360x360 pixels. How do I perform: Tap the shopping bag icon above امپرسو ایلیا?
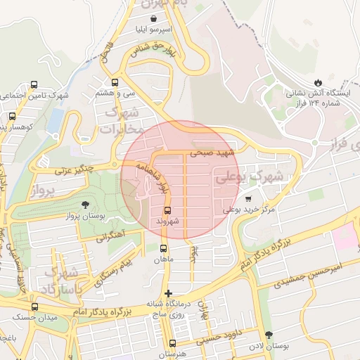click(154, 19)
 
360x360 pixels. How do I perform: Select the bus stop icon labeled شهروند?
click(168, 210)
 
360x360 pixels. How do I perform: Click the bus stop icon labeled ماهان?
click(164, 248)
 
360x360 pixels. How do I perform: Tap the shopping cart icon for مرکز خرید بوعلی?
click(248, 199)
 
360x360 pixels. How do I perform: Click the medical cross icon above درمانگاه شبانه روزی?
click(167, 292)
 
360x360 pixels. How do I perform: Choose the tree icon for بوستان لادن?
click(268, 335)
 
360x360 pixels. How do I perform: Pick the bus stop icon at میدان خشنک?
click(34, 307)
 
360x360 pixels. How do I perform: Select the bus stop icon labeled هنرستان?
click(172, 343)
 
